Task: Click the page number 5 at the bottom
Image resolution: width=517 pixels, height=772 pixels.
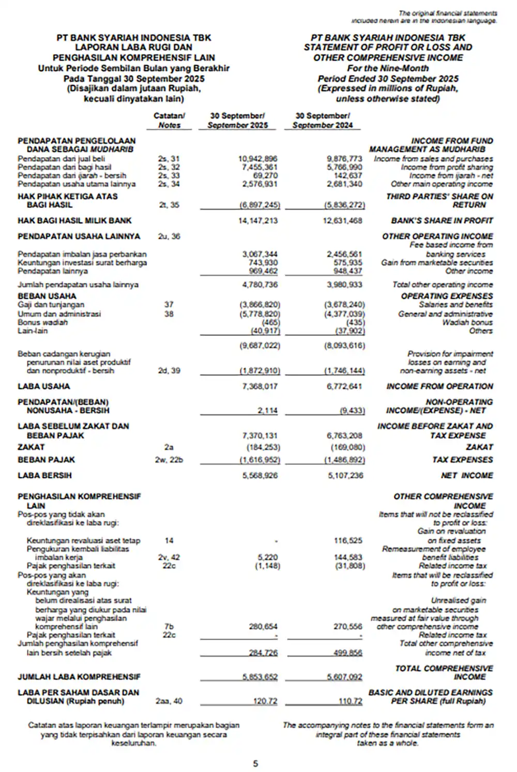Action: click(x=255, y=763)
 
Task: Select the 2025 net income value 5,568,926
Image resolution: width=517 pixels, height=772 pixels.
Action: click(x=260, y=475)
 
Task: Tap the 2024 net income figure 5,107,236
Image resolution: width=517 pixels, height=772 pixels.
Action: click(x=345, y=475)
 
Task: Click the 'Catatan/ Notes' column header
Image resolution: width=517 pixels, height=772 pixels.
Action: click(x=169, y=120)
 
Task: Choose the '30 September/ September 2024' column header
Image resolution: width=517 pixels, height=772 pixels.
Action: click(x=323, y=120)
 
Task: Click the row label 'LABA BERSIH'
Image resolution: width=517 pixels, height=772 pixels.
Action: click(x=44, y=475)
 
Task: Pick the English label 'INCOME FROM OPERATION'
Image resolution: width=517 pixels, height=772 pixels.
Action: click(x=439, y=386)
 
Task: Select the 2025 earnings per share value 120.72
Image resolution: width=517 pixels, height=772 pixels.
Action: click(x=265, y=701)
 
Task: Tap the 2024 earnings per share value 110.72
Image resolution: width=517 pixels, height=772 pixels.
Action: click(x=351, y=701)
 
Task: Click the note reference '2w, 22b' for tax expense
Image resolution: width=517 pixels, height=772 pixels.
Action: click(x=169, y=460)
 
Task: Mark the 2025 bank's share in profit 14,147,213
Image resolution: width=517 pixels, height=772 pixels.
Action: click(x=257, y=220)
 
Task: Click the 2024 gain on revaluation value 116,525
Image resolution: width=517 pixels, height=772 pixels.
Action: click(x=348, y=540)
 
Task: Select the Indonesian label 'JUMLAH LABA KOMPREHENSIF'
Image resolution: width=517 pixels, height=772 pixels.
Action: click(x=79, y=676)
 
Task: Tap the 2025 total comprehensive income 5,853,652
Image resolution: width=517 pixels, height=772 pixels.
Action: click(x=260, y=676)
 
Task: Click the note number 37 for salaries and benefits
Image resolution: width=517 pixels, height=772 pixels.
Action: click(x=169, y=305)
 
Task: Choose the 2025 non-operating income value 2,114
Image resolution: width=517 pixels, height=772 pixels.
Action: click(x=267, y=411)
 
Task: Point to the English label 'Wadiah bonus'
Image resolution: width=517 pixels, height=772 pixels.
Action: click(x=467, y=322)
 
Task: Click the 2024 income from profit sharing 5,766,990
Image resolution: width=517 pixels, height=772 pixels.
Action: click(x=345, y=167)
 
